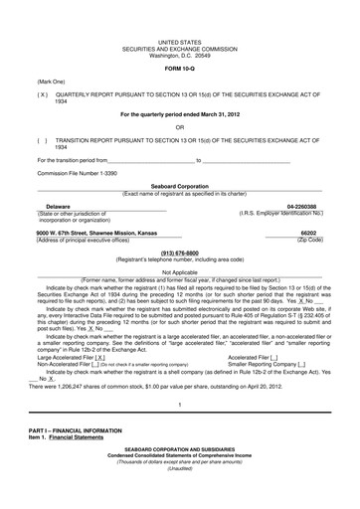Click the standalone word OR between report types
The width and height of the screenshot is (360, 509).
coord(180,127)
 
